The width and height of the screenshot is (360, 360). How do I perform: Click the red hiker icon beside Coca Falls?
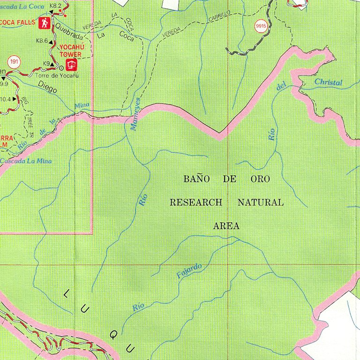[x=45, y=22]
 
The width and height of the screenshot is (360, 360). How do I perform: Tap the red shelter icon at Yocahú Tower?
[x=71, y=64]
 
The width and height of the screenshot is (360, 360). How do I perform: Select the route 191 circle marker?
[x=14, y=62]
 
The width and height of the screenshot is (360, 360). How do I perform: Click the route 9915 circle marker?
[x=261, y=27]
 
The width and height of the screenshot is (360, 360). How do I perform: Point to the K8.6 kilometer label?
[x=42, y=41]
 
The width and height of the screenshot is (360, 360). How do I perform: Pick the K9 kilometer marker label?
[x=46, y=63]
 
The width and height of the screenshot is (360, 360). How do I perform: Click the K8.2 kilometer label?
[x=56, y=5]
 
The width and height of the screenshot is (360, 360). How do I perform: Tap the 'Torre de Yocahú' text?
[x=56, y=75]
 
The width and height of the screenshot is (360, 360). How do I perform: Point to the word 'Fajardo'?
[x=189, y=271]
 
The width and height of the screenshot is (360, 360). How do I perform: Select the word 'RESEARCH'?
[x=195, y=202]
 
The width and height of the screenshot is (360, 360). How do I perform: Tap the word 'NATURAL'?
[x=260, y=202]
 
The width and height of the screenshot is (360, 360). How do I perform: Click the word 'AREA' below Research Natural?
[x=226, y=226]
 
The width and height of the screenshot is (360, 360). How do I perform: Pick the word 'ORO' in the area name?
[x=260, y=179]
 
